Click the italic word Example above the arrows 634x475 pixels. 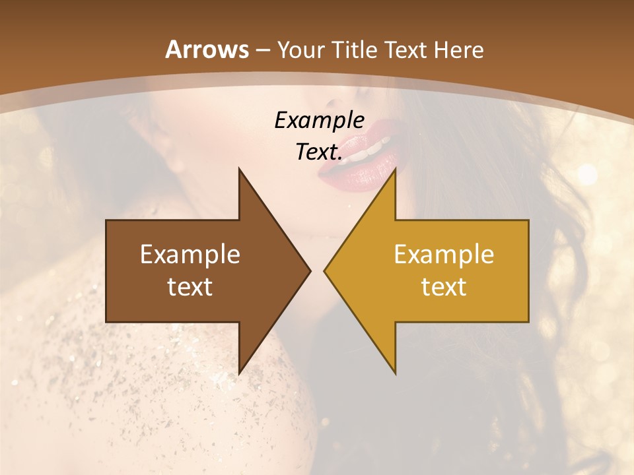coord(319,120)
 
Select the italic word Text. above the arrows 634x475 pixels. coord(319,152)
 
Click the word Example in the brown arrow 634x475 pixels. coord(190,254)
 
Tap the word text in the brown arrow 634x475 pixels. coord(190,286)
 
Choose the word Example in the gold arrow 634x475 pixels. coord(444,254)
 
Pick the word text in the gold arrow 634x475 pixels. coord(444,286)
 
